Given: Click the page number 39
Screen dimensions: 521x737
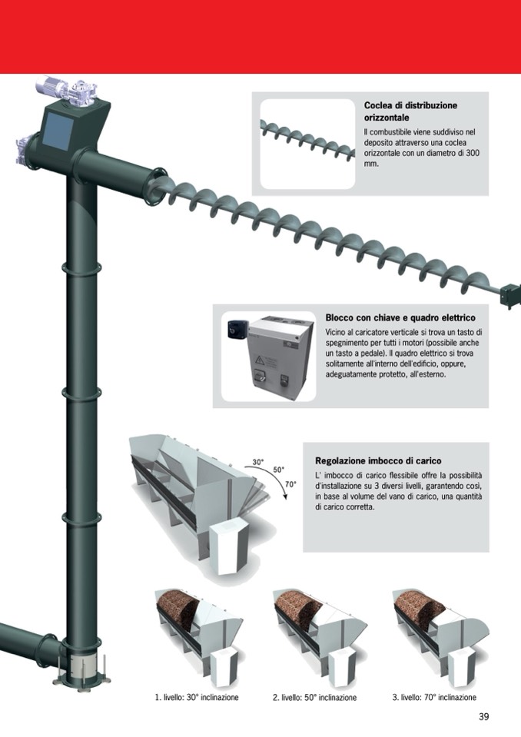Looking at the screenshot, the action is [484, 716].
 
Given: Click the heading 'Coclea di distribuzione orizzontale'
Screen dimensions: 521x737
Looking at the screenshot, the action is [410, 111].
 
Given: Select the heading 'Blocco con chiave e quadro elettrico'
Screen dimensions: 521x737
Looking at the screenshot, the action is [400, 317].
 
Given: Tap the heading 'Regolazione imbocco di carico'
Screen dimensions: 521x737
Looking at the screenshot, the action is [378, 460].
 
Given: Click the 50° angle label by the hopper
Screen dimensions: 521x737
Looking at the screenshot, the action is [279, 470].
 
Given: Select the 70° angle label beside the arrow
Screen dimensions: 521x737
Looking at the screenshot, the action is [290, 483].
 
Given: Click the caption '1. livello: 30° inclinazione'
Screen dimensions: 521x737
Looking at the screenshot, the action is [197, 698].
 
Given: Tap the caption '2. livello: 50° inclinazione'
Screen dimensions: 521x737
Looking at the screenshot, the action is [315, 698].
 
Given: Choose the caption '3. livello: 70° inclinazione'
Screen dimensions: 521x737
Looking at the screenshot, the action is [434, 698].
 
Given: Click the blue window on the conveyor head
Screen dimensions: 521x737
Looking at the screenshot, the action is [58, 131].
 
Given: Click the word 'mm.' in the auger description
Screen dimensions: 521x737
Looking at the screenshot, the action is [371, 164].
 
